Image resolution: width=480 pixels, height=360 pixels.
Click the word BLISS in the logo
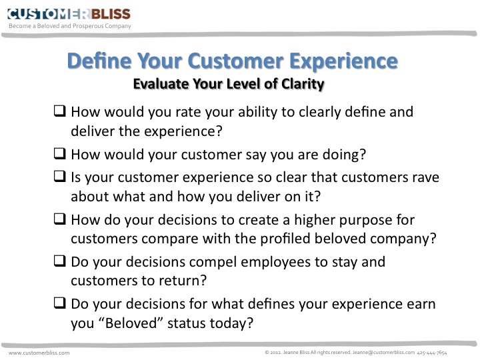pos(111,14)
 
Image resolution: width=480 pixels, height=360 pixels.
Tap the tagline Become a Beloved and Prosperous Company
pos(70,26)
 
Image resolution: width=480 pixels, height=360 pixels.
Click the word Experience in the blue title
pos(343,61)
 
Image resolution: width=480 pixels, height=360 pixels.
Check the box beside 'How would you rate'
pos(60,111)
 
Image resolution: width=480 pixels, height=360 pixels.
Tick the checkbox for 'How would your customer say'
pos(60,153)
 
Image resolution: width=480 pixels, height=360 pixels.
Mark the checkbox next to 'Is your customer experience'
pos(60,176)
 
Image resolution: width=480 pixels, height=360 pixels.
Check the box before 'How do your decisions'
pos(60,219)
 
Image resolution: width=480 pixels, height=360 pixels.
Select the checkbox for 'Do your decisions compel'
pos(60,261)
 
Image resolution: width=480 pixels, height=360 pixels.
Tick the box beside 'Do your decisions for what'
pos(60,303)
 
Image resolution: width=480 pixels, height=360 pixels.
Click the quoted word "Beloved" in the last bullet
pos(131,323)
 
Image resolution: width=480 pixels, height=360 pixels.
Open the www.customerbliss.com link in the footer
pos(39,353)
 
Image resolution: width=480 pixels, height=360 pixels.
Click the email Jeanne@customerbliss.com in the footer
pos(383,353)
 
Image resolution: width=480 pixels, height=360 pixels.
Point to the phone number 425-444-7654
pos(432,353)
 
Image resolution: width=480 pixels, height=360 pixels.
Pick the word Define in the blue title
pos(100,61)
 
